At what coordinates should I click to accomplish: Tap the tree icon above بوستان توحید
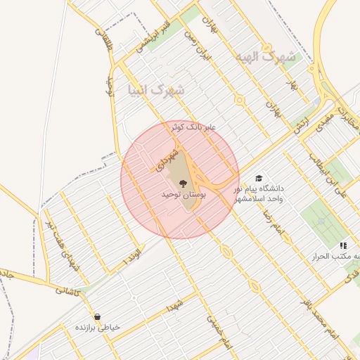pyautogui.click(x=182, y=182)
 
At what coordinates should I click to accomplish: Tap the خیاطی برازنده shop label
pyautogui.click(x=98, y=328)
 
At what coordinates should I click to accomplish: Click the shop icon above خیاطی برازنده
pyautogui.click(x=96, y=316)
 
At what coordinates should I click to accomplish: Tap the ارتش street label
pyautogui.click(x=302, y=127)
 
